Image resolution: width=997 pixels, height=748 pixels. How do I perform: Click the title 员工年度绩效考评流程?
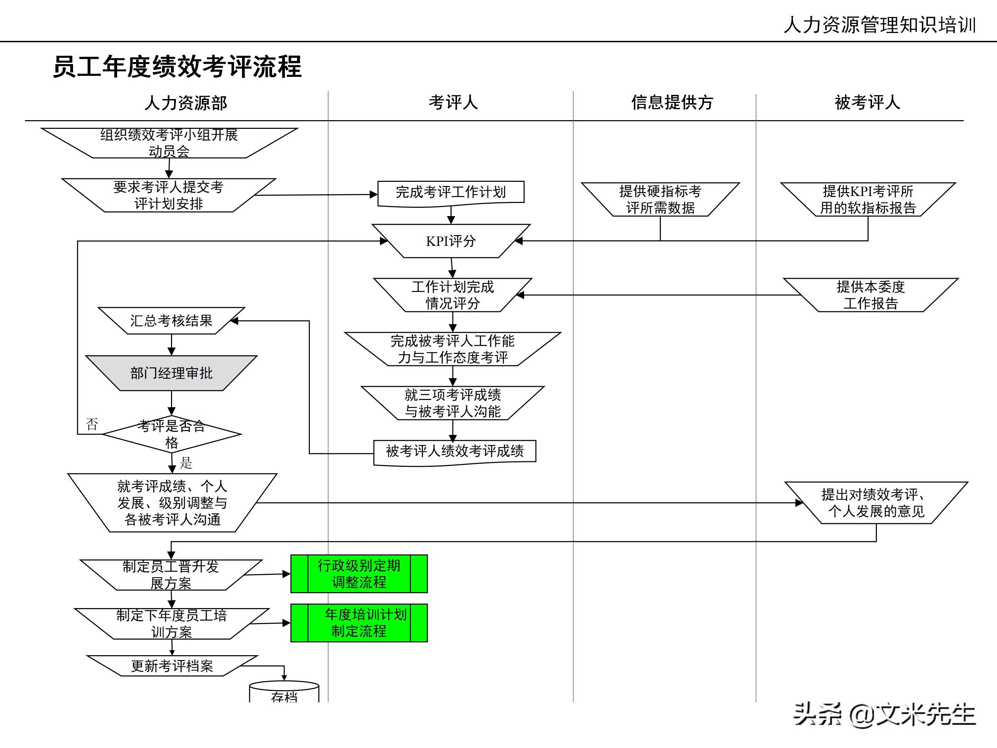pos(177,67)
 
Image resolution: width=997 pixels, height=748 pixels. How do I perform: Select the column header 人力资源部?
pos(185,103)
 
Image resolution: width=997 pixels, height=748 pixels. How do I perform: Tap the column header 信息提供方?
pos(672,103)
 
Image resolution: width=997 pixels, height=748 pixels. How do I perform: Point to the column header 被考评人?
pos(867,103)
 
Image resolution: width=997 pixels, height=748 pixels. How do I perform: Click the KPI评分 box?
pos(451,241)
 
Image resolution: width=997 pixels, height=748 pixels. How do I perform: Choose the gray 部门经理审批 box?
pos(171,373)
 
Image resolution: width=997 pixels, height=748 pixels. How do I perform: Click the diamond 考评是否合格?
pos(171,434)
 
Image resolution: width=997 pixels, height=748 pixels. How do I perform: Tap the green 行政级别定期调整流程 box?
pos(359,574)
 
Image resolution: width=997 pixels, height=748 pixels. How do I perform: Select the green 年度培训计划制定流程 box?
pos(359,623)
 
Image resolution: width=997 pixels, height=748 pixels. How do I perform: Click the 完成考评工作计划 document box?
pos(451,193)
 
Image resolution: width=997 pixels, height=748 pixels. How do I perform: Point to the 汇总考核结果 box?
pos(171,321)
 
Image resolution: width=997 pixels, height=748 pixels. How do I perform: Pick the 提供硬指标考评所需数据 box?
pos(660,199)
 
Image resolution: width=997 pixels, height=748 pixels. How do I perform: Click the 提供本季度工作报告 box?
pos(870,295)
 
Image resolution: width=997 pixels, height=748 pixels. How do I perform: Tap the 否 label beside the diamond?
pos(92,424)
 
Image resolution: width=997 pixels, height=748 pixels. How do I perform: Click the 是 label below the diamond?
pos(186,463)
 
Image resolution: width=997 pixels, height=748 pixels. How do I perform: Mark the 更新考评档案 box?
pos(172,666)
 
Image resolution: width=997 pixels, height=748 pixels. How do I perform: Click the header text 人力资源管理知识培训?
pos(879,25)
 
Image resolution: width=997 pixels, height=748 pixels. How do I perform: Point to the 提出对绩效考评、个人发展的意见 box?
pos(876,503)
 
